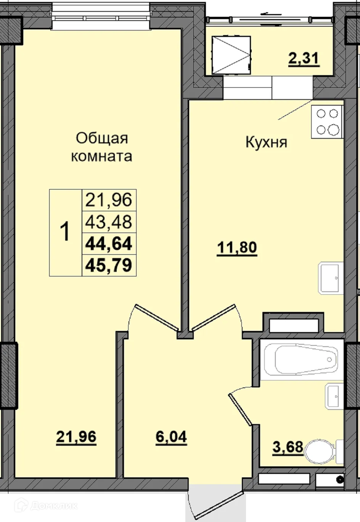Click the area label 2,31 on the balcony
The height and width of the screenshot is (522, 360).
(304, 59)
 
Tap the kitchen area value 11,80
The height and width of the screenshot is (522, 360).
(237, 248)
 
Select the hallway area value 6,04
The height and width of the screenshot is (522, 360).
(171, 437)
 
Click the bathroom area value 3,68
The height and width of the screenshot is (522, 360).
(288, 447)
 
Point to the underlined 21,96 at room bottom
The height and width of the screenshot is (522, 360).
(76, 437)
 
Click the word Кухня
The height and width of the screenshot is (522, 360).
(266, 142)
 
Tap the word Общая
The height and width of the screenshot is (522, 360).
(102, 138)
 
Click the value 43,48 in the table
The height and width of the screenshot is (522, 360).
(109, 222)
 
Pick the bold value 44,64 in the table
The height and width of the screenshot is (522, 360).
(109, 243)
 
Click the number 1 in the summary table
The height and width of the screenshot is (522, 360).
(66, 232)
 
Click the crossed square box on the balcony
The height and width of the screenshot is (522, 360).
(231, 55)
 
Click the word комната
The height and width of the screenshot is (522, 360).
(102, 156)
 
